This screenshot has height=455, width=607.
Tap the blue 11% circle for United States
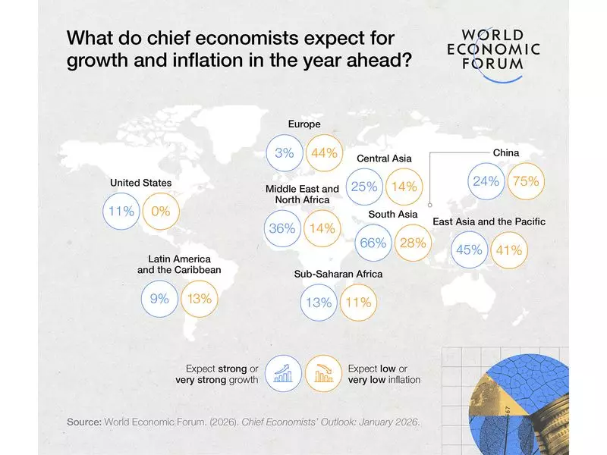pyautogui.click(x=121, y=212)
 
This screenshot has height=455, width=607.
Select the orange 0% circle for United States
pyautogui.click(x=160, y=212)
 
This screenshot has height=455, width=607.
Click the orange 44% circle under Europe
pyautogui.click(x=324, y=153)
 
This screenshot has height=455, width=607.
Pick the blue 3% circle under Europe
pyautogui.click(x=285, y=153)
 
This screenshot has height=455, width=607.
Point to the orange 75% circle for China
pyautogui.click(x=526, y=181)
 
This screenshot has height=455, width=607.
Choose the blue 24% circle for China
pyautogui.click(x=486, y=181)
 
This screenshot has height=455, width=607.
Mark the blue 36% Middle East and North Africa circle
pyautogui.click(x=282, y=227)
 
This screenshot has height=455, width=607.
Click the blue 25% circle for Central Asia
pyautogui.click(x=365, y=187)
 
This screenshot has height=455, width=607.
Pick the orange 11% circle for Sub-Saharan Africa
pyautogui.click(x=357, y=303)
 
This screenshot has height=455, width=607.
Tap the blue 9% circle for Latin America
pyautogui.click(x=159, y=299)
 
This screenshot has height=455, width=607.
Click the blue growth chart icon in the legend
pyautogui.click(x=285, y=373)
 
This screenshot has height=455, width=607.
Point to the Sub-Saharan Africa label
pyautogui.click(x=338, y=274)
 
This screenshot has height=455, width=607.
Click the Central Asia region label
pyautogui.click(x=384, y=158)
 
